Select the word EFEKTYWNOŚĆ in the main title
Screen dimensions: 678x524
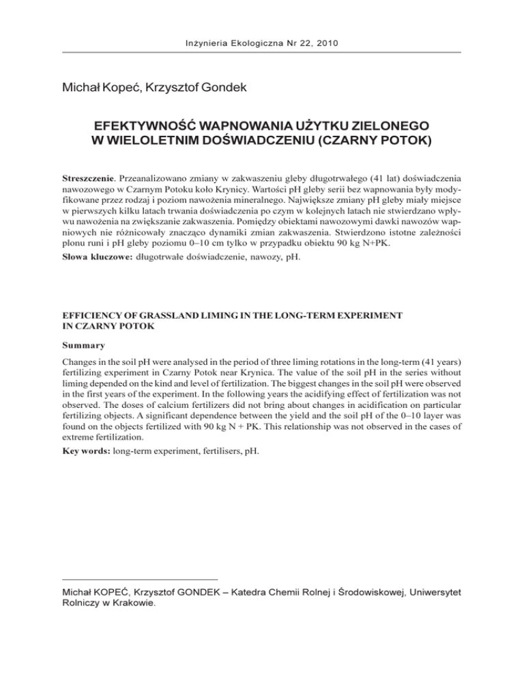(x=153, y=126)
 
